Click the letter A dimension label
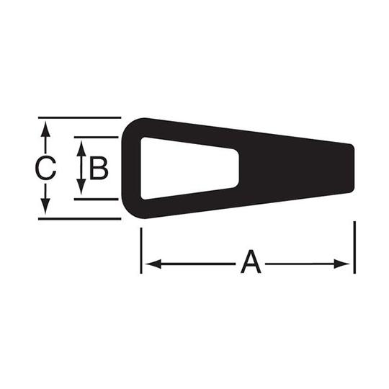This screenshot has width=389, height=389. [x=251, y=261]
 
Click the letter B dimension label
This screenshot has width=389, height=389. [x=99, y=168]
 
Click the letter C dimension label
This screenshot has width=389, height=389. [x=45, y=168]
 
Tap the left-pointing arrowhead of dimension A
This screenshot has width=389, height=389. [x=153, y=264]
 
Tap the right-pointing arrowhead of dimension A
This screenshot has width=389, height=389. [x=341, y=264]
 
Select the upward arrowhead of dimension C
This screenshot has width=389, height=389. [x=45, y=129]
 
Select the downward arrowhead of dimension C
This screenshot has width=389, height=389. [x=45, y=207]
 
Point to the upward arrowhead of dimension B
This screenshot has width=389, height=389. [x=81, y=148]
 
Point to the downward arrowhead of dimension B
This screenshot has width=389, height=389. [x=81, y=187]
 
